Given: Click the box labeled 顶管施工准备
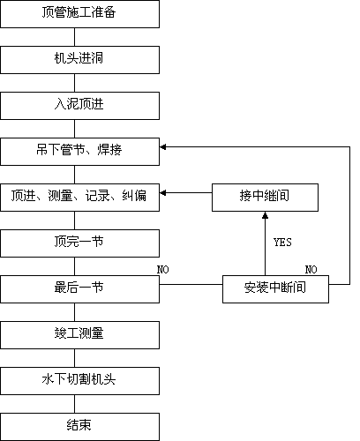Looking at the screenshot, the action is (79, 14).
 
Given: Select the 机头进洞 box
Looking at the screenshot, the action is (79, 60).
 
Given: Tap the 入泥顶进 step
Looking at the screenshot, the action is (79, 106).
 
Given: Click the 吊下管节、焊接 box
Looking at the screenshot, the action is (79, 152).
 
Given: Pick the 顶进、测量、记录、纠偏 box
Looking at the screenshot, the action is (79, 198).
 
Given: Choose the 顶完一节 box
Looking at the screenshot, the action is (79, 243).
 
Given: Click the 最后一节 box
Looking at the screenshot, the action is (79, 289).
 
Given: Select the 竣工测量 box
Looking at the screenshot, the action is (79, 335).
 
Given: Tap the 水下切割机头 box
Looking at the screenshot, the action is (79, 381).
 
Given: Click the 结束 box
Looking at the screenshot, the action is (79, 427).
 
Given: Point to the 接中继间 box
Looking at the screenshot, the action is (265, 198).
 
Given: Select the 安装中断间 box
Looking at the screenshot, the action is (275, 289).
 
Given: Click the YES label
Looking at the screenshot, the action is (282, 243).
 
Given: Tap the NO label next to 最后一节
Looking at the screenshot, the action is (163, 269).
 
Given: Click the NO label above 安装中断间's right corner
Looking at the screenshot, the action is (311, 269).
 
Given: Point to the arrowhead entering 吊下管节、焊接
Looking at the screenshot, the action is (162, 146).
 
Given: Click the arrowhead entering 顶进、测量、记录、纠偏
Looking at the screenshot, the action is (162, 193).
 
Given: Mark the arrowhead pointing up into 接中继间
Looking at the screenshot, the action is (265, 215).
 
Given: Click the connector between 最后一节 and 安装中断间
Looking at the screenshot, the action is (191, 284).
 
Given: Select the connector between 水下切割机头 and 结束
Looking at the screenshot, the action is (74, 404).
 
